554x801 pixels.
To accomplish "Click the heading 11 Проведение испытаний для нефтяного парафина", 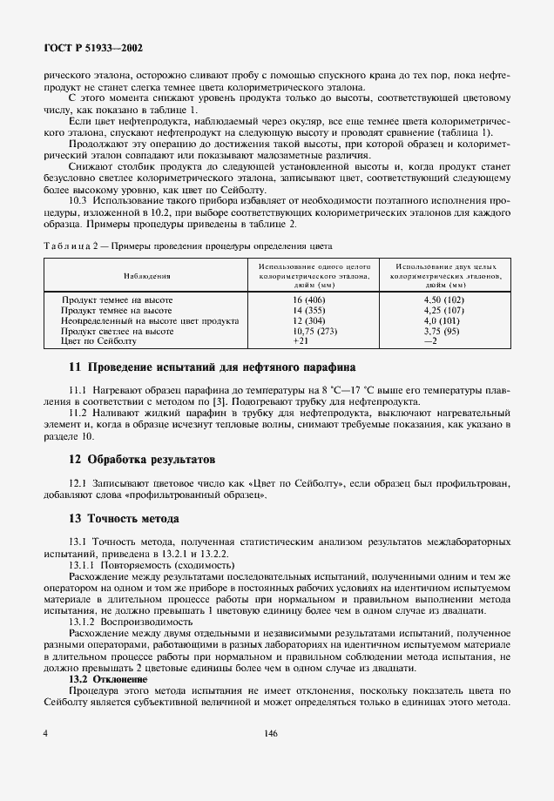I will click(212, 367).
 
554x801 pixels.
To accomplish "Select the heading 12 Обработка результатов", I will click(142, 458).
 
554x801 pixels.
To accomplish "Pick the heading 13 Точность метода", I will click(124, 518).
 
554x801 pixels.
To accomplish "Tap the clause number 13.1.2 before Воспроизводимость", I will click(82, 622).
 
